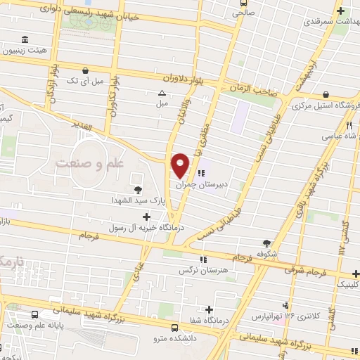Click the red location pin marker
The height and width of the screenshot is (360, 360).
pos(181,165)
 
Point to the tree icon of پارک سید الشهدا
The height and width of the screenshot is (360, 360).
pos(137,189)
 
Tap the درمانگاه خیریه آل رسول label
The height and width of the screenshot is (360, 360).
pos(140,228)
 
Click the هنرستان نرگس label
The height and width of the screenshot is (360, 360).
pos(203,271)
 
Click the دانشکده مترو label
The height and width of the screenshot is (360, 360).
pos(174,337)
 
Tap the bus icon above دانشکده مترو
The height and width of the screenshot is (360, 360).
pos(174,326)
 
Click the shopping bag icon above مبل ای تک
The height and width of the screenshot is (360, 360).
pos(86,70)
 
